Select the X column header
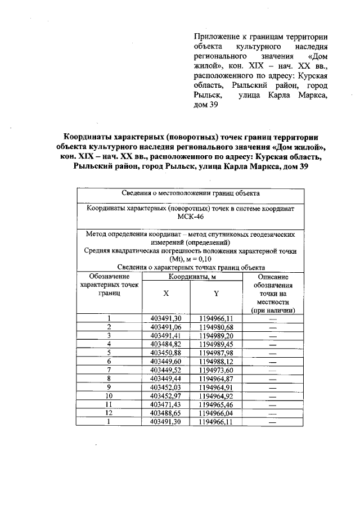coord(165,294)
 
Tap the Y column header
coord(215,294)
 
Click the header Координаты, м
coord(190,277)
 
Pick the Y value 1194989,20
coord(215,335)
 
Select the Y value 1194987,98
coord(215,352)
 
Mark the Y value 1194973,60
coord(215,370)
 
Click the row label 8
coord(109,379)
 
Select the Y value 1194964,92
coord(215,395)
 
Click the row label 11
coord(109,404)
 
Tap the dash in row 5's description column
coord(273,353)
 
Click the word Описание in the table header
coord(273,277)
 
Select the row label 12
coord(109,412)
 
